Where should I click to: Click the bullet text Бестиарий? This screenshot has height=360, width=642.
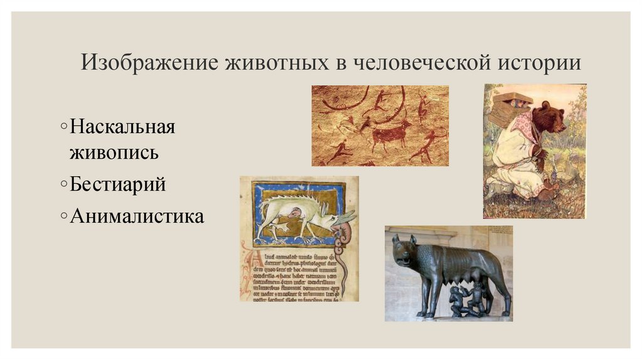118,185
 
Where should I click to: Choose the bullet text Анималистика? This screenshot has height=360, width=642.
137,217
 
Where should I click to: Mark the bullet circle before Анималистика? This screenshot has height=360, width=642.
65,218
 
